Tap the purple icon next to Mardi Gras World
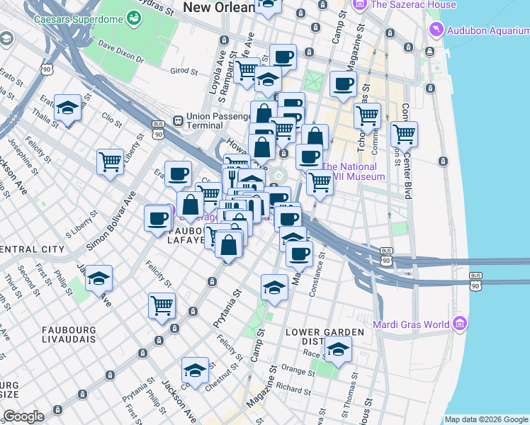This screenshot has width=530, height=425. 460,324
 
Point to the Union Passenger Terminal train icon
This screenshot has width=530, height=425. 177,121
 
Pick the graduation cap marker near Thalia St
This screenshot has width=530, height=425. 67,108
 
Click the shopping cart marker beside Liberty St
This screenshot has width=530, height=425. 110,162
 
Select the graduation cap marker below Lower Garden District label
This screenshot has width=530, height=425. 338,350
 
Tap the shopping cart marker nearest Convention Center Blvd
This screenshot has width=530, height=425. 403,132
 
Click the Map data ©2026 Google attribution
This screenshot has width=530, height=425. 486,419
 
